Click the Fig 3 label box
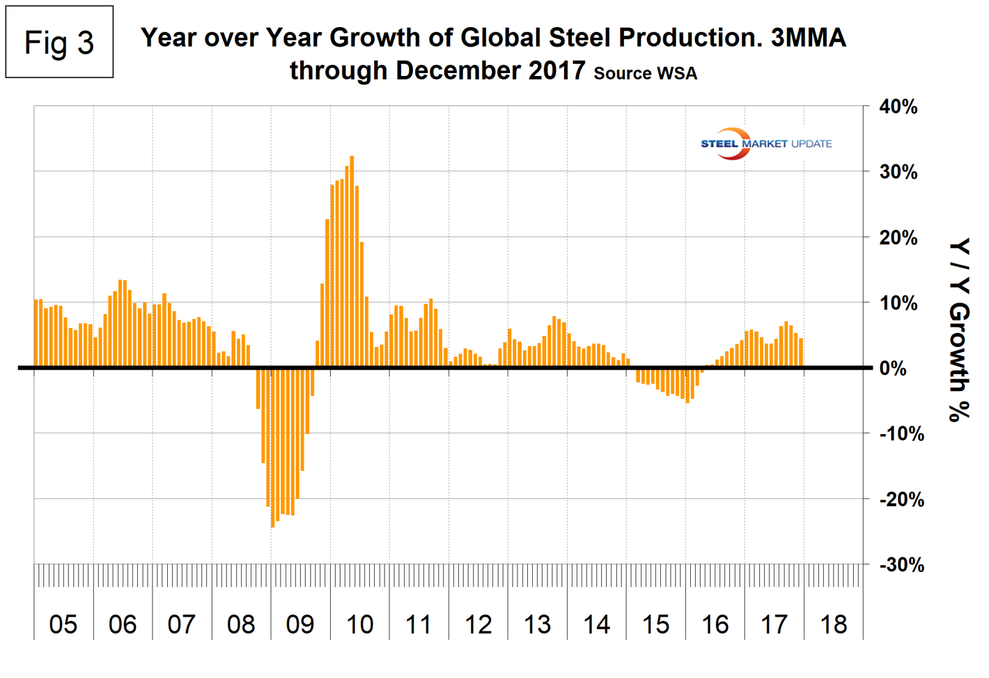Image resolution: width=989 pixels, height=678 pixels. pyautogui.click(x=59, y=43)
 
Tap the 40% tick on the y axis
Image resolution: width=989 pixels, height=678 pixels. pyautogui.click(x=898, y=107)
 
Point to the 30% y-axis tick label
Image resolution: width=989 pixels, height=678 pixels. pyautogui.click(x=898, y=172)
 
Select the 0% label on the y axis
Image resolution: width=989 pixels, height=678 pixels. pyautogui.click(x=893, y=369)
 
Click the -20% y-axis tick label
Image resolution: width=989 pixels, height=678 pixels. pyautogui.click(x=901, y=500)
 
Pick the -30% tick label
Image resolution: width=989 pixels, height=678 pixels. pyautogui.click(x=901, y=564)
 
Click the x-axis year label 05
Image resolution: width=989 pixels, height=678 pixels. pyautogui.click(x=63, y=624)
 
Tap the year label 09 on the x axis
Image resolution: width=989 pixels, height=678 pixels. pyautogui.click(x=300, y=624)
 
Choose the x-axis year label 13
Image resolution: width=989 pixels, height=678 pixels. pyautogui.click(x=537, y=624)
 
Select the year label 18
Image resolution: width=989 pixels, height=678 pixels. pyautogui.click(x=834, y=624)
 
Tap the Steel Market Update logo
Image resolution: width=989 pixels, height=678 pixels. pyautogui.click(x=765, y=144)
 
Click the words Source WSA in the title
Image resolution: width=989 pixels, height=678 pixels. pyautogui.click(x=645, y=73)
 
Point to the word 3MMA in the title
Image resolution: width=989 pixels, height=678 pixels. pyautogui.click(x=808, y=38)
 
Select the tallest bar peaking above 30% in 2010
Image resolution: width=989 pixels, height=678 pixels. pyautogui.click(x=352, y=261)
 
